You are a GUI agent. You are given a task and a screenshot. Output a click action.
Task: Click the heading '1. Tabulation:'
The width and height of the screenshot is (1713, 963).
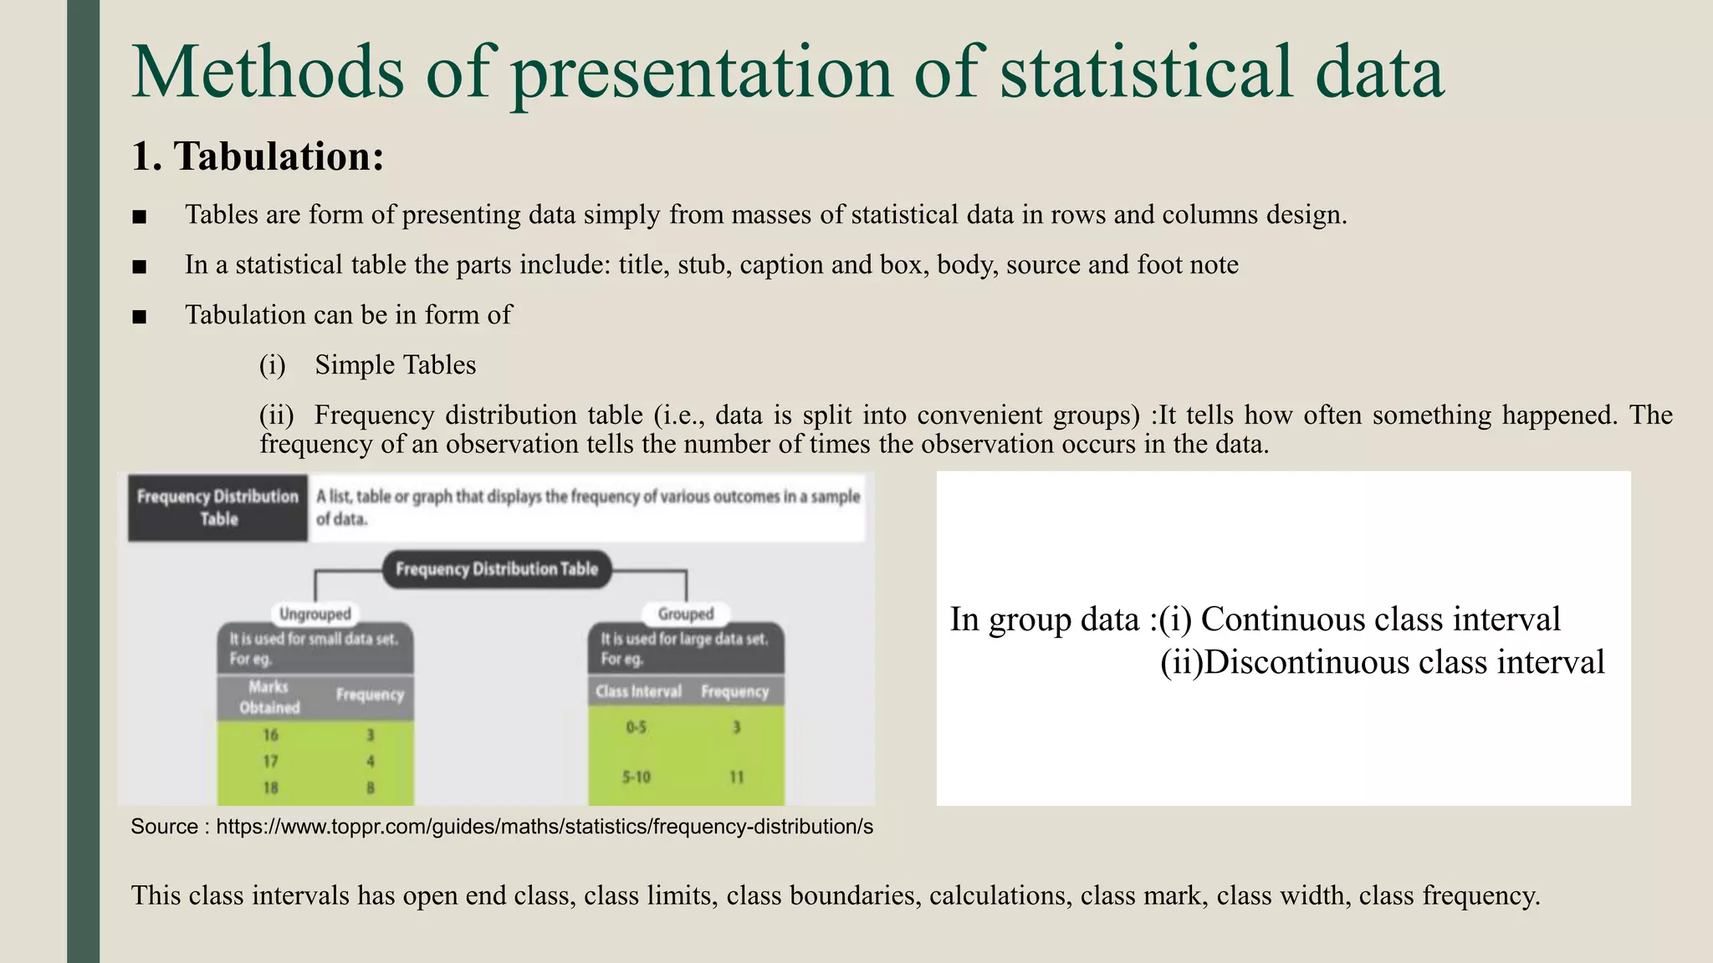coord(258,156)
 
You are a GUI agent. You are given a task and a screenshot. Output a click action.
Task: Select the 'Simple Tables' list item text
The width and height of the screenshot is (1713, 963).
coord(395,365)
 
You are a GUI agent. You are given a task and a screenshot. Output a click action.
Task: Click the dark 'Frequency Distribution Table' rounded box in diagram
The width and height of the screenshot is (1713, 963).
coord(497,569)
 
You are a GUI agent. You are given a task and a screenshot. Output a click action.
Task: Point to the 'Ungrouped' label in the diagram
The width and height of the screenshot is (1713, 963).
coord(314,614)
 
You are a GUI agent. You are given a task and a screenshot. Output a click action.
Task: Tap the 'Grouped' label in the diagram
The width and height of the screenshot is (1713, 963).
coord(686,614)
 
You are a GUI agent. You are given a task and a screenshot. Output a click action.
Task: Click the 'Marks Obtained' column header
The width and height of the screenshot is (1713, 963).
coord(269,697)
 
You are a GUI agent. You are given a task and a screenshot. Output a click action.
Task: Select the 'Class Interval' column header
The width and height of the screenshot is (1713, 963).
coord(638,692)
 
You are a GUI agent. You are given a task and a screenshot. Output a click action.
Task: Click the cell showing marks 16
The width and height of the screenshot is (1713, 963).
coord(270,735)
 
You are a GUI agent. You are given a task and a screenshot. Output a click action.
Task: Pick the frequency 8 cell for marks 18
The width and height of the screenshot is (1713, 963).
coord(371,787)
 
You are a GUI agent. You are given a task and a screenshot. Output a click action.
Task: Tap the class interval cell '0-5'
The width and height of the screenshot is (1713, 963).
coord(637,727)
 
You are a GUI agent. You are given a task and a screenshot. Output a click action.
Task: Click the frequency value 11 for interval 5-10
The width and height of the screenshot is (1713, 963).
coord(736,777)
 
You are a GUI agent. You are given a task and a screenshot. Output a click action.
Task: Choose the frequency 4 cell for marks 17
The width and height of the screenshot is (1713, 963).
coord(371,762)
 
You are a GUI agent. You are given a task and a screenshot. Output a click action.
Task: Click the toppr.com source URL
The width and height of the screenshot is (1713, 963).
coord(545,827)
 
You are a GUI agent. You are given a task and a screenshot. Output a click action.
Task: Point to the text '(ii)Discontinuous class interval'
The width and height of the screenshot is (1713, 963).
coord(1382,663)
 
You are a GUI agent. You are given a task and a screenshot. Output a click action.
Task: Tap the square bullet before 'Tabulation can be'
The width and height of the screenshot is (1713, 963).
coord(140,317)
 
